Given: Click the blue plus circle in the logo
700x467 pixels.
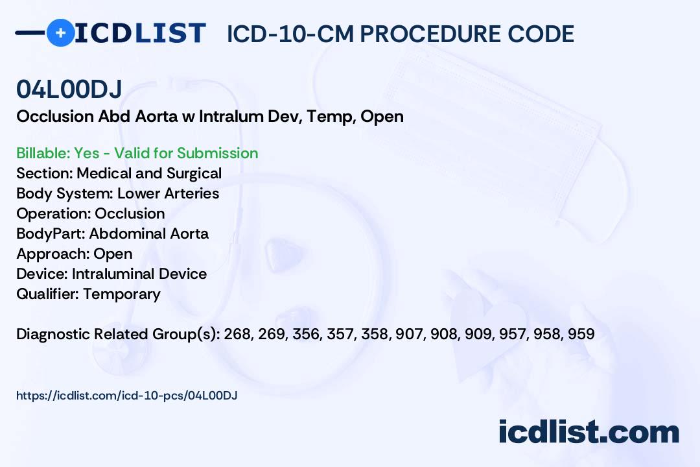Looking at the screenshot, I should pos(60,32).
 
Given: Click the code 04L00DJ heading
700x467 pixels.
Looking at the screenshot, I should pos(69,90).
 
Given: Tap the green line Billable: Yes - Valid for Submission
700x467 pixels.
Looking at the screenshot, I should pos(137,153).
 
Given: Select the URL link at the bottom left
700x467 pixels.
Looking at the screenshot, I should pos(127,395).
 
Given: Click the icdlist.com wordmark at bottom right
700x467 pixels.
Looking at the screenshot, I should pos(589,432).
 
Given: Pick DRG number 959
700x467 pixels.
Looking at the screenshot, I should pos(581,334).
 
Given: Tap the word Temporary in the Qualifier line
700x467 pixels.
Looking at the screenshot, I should pos(122,294).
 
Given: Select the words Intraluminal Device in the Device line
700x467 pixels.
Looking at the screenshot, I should pos(139,274).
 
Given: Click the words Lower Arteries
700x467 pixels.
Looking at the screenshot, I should pos(169,193).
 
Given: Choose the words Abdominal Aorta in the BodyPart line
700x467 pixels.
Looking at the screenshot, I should pos(149,233).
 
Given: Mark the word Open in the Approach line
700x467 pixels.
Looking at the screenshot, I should pos(113,254).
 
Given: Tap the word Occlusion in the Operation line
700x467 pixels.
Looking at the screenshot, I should pos(130,213).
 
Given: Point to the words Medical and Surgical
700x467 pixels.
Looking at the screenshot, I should pos(149,173).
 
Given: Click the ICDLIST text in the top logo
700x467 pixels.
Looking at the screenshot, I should pos(141,32).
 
